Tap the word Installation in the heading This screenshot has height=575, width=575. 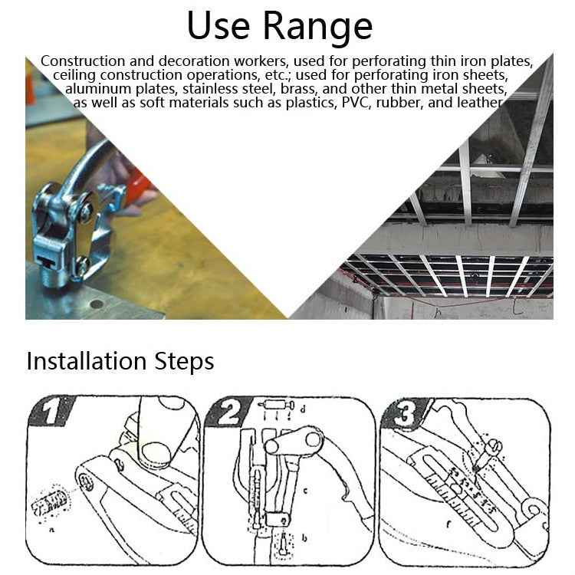coord(84,361)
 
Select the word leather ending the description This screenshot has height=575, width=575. coord(478,103)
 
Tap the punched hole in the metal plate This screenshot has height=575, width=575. coord(96,304)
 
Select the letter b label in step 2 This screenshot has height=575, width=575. coord(304,540)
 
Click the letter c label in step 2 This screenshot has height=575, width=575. coord(304,488)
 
